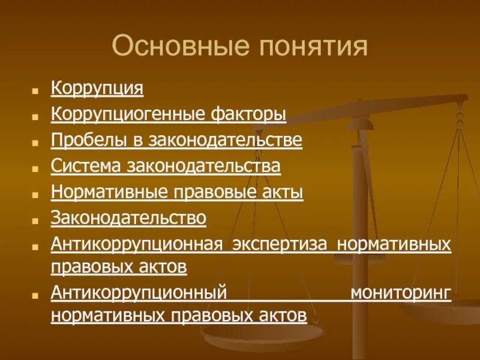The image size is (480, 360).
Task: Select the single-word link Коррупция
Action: point(97,88)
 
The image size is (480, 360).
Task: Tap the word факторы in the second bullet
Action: point(248,114)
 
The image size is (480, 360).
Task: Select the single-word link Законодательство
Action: point(129,218)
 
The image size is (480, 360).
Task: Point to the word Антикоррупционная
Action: point(137,244)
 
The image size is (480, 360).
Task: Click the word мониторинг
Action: point(400,293)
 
